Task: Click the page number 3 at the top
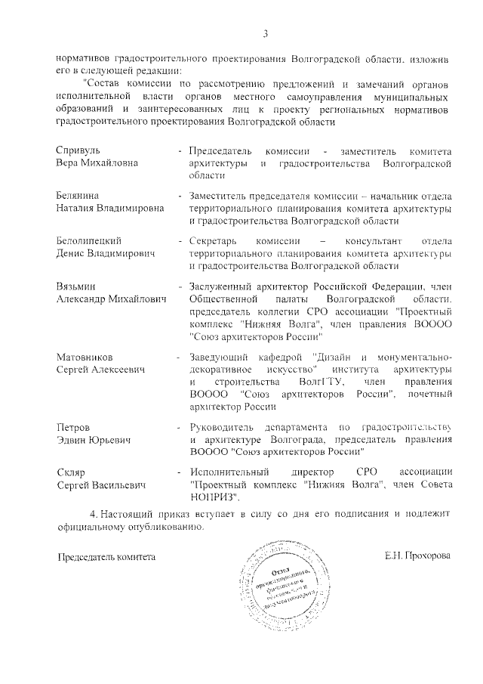(265, 32)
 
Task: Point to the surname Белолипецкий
(90, 240)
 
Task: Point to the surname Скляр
(72, 472)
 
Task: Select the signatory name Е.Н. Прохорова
(417, 556)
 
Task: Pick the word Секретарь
(215, 240)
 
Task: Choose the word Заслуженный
(223, 287)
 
